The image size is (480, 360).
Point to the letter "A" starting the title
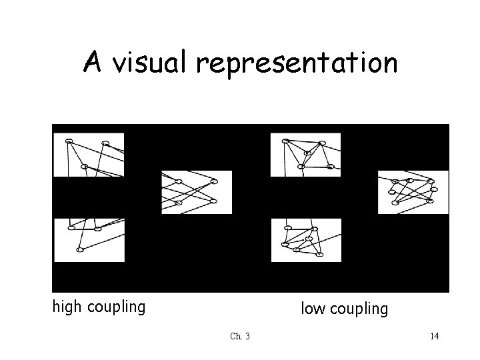pyautogui.click(x=92, y=63)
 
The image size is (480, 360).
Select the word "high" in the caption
pyautogui.click(x=69, y=307)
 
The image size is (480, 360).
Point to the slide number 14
pyautogui.click(x=434, y=336)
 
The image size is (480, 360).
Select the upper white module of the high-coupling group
pyautogui.click(x=89, y=155)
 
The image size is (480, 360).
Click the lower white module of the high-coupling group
pyautogui.click(x=89, y=240)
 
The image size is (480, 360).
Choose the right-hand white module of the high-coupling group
pyautogui.click(x=196, y=192)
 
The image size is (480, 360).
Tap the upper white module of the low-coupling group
pyautogui.click(x=305, y=155)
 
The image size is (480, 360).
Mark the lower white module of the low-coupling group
pyautogui.click(x=305, y=240)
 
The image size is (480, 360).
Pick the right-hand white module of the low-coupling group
pyautogui.click(x=413, y=192)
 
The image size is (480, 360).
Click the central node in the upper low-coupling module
pyautogui.click(x=307, y=153)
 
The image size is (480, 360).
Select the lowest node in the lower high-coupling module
pyautogui.click(x=79, y=250)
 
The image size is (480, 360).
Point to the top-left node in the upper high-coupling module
pyautogui.click(x=69, y=141)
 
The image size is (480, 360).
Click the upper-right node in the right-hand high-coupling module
pyautogui.click(x=214, y=181)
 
